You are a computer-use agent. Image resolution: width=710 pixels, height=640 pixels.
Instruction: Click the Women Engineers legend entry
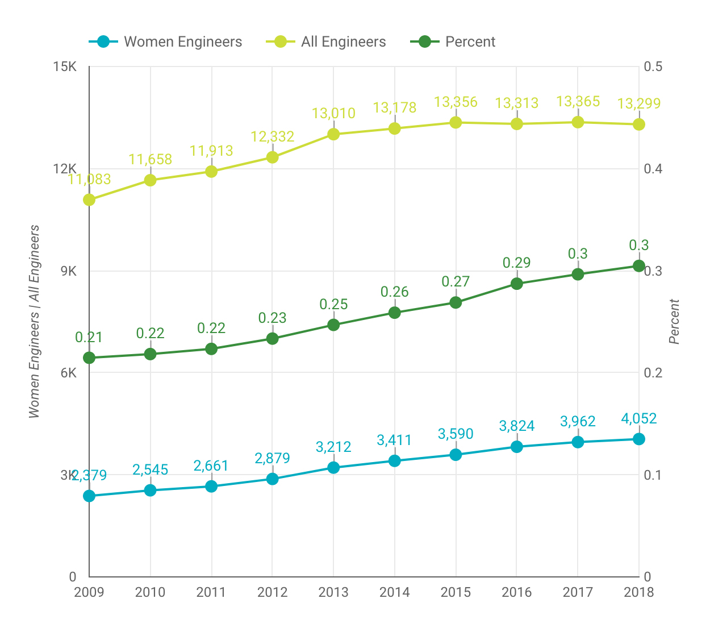tap(165, 41)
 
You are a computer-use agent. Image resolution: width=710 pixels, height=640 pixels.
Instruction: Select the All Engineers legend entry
tap(326, 41)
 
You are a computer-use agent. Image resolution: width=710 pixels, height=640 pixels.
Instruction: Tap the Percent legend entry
tap(453, 41)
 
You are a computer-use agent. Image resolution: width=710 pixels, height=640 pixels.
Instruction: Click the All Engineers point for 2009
tap(89, 200)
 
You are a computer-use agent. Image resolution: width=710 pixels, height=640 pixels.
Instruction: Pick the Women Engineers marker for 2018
tap(638, 439)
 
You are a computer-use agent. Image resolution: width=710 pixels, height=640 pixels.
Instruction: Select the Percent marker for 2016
tap(516, 283)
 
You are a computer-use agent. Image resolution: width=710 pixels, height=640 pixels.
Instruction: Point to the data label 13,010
tap(333, 113)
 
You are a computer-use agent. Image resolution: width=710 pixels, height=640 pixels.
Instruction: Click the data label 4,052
tap(638, 419)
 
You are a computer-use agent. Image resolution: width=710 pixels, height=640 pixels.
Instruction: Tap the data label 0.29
tap(516, 263)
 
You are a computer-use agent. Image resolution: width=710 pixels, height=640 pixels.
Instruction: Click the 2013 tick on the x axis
tap(333, 592)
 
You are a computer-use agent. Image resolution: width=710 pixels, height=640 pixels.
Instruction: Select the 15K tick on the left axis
tap(65, 67)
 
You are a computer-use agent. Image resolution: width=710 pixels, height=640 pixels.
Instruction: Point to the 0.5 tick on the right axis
tap(653, 67)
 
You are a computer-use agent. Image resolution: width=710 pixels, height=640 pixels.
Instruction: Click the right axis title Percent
tap(674, 322)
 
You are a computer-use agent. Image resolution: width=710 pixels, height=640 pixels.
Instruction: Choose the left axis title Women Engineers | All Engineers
tap(34, 322)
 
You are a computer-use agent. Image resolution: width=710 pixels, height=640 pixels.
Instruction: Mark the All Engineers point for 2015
tap(456, 122)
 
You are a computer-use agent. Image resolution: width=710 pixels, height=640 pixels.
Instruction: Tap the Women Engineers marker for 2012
tap(272, 479)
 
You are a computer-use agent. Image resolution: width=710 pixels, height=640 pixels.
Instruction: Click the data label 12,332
tap(272, 136)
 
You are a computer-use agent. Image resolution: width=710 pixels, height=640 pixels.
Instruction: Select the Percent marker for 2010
tap(150, 354)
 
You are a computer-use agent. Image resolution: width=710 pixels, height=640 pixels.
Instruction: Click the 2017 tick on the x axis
tap(578, 592)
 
